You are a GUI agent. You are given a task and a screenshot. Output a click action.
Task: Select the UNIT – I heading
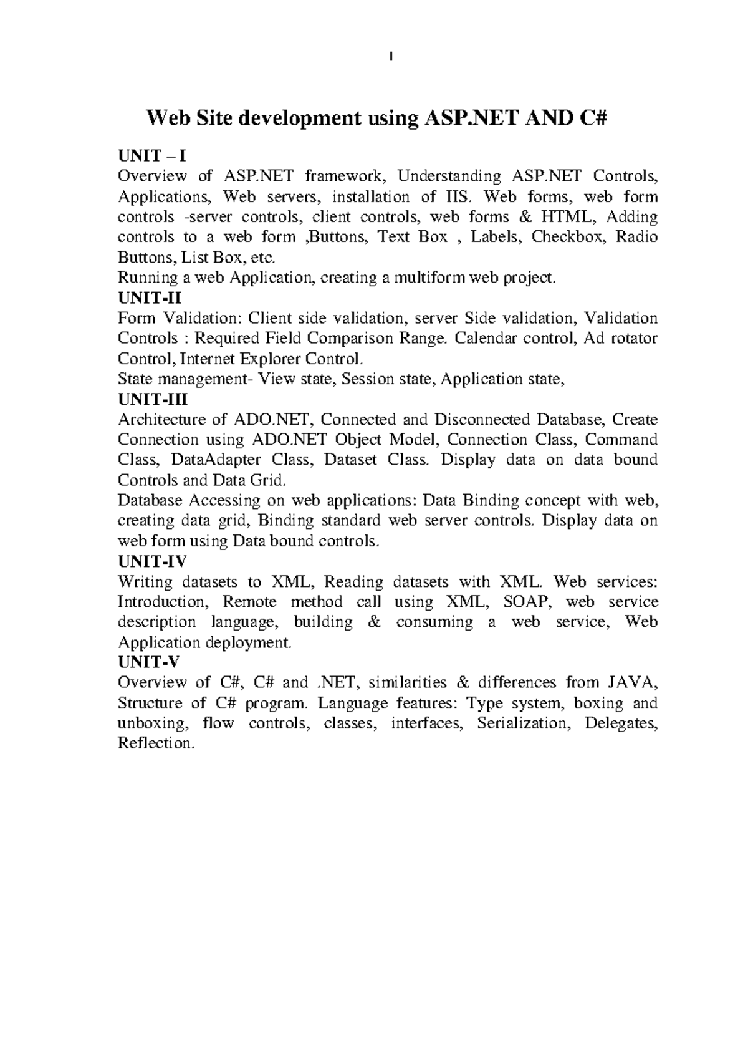152,156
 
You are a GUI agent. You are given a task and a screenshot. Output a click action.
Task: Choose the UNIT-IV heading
152,561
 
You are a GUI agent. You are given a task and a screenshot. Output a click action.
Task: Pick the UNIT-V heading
148,663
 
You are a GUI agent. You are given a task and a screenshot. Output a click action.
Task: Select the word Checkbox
568,238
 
